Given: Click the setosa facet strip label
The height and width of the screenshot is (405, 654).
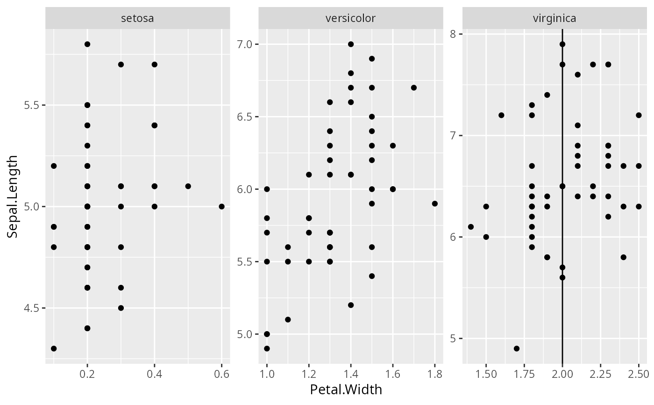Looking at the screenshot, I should pos(137,18).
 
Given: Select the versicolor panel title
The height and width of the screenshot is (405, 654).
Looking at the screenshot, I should pos(350,18).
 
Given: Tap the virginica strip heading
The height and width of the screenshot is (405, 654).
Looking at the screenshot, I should pos(554,18).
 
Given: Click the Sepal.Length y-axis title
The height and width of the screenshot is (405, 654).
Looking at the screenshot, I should pos(13,196).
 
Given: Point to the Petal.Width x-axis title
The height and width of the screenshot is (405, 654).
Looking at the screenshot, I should pos(346,390).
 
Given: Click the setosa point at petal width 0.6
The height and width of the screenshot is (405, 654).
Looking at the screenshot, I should pos(221,206).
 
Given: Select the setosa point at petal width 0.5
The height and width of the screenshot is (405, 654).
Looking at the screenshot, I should pos(188,186).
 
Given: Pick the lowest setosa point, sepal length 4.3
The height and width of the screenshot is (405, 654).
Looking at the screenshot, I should pos(54,348).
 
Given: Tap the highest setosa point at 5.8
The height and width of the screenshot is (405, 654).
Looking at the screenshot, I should pos(87,44).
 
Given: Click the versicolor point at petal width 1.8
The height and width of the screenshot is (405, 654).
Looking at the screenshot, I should pos(434,203).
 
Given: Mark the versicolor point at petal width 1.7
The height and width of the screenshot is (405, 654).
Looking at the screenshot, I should pos(413,87).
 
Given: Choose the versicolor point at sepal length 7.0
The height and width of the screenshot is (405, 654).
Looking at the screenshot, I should pos(351,44).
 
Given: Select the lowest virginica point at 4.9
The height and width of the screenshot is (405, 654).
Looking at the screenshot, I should pos(516,348).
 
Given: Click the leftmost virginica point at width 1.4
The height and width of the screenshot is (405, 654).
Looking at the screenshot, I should pos(470,227).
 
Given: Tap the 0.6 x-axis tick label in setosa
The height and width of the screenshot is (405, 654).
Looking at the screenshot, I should pos(221,374).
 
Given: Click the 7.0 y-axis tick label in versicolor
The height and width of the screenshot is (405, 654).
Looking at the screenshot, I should pos(244,44).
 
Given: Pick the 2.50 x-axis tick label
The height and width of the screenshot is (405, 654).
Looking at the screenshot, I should pos(639,374).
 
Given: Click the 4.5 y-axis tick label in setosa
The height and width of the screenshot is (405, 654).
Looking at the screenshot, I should pos(31,308).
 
